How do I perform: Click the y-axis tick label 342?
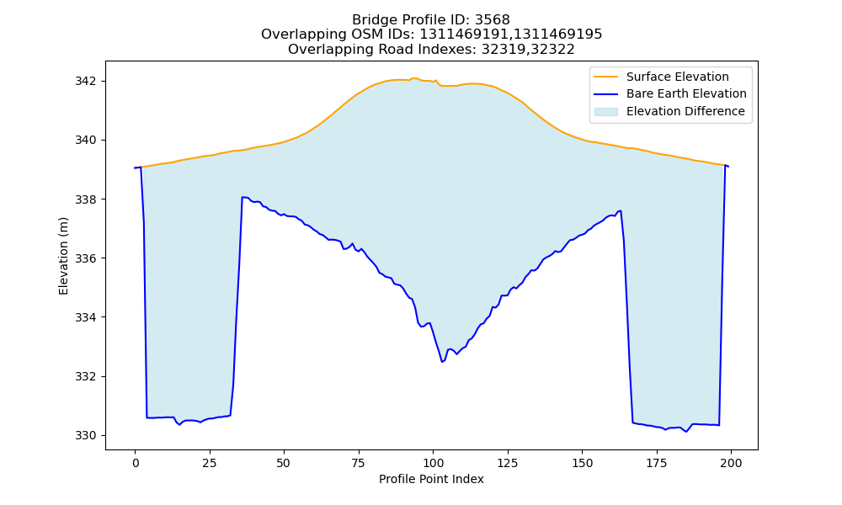tap(85, 82)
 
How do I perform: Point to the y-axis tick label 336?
tap(85, 258)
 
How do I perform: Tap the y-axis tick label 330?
tap(85, 436)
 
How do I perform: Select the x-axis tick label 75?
tap(358, 464)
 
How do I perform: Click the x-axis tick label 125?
tap(507, 464)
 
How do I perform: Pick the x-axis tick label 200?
tap(730, 464)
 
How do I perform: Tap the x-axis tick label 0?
tap(136, 464)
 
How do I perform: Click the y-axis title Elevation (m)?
tap(63, 256)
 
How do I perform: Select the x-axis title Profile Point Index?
tap(431, 479)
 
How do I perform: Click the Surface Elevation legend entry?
tap(677, 77)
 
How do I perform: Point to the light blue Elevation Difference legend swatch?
tap(605, 112)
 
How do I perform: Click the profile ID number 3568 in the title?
tap(493, 20)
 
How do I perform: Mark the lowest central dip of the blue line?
tap(442, 362)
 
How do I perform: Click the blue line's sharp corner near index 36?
tap(242, 198)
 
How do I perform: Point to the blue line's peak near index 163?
tap(621, 211)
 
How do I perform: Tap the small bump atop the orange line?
tap(414, 78)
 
